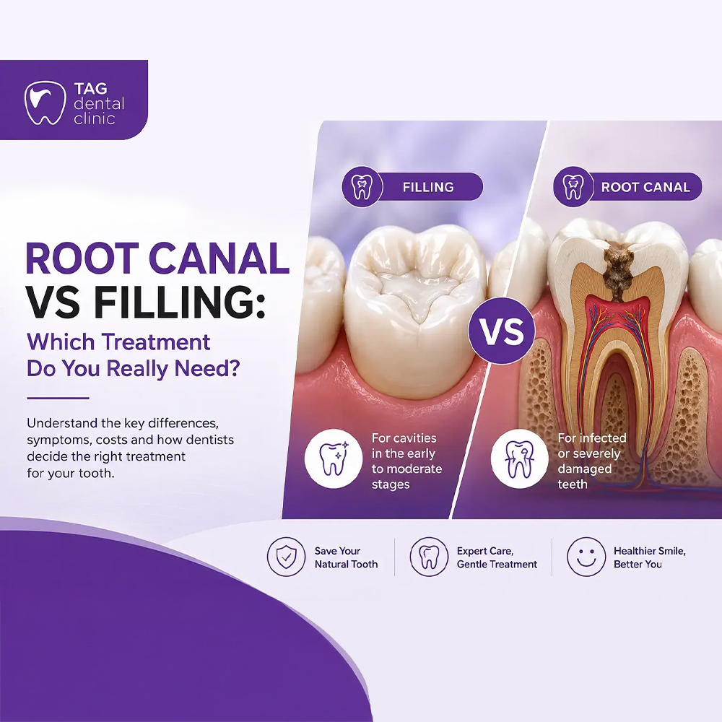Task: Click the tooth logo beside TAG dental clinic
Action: coord(45,103)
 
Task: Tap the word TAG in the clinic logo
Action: coord(91,88)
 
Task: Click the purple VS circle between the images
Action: coord(502,331)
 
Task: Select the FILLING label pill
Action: coord(412,187)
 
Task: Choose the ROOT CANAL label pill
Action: coord(627,187)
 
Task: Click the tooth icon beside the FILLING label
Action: coord(362,187)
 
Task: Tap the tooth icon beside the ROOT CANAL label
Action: coord(573,187)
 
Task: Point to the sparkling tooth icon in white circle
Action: coord(334,458)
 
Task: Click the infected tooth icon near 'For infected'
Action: coord(520,458)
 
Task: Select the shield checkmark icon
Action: coord(287,557)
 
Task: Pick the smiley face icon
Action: coord(586,557)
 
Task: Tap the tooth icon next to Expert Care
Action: coord(429,557)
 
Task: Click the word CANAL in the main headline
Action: coord(219,258)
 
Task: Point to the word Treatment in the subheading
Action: coord(156,342)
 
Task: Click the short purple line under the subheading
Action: coord(58,399)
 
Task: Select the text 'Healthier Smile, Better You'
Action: coord(649,557)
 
